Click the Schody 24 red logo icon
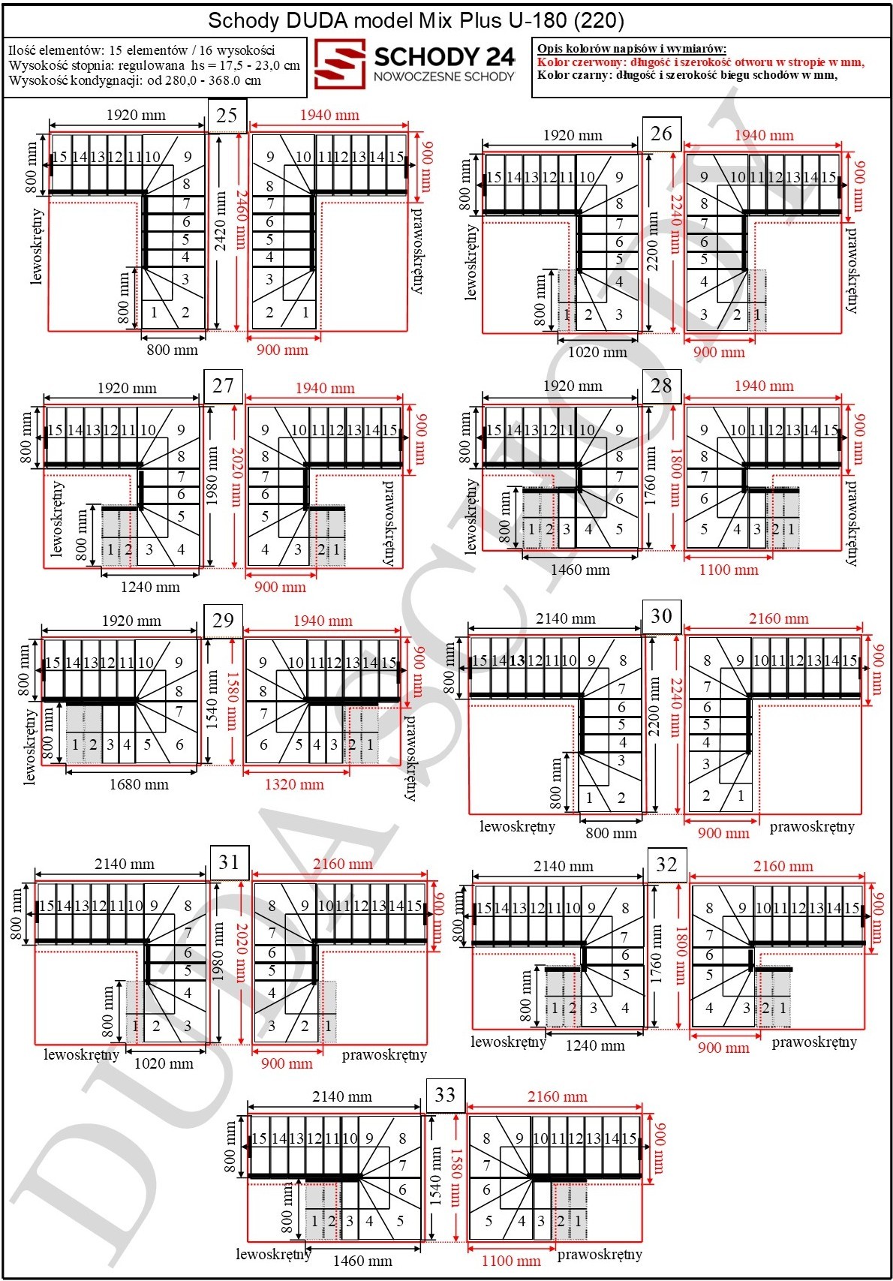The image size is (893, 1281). click(340, 64)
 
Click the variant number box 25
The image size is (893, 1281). click(227, 116)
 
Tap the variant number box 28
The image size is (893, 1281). click(661, 386)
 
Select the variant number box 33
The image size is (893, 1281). click(445, 1095)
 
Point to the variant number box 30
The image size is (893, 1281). click(661, 616)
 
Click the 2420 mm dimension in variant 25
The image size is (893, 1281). click(221, 221)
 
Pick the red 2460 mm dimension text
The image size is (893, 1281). click(240, 221)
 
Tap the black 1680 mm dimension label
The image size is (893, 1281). click(139, 784)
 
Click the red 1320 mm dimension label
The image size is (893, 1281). click(294, 784)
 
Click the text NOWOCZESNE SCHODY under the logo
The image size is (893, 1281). click(444, 76)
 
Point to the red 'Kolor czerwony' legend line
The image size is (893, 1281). click(700, 62)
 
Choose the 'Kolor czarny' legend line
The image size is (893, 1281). click(687, 75)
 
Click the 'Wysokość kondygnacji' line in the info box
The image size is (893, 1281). click(135, 80)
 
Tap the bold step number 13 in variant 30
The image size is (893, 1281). click(517, 660)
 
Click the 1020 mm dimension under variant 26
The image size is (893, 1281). click(597, 352)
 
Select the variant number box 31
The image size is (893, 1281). click(229, 862)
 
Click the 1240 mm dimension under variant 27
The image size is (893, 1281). click(150, 587)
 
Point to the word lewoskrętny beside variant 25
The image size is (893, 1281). click(37, 246)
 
